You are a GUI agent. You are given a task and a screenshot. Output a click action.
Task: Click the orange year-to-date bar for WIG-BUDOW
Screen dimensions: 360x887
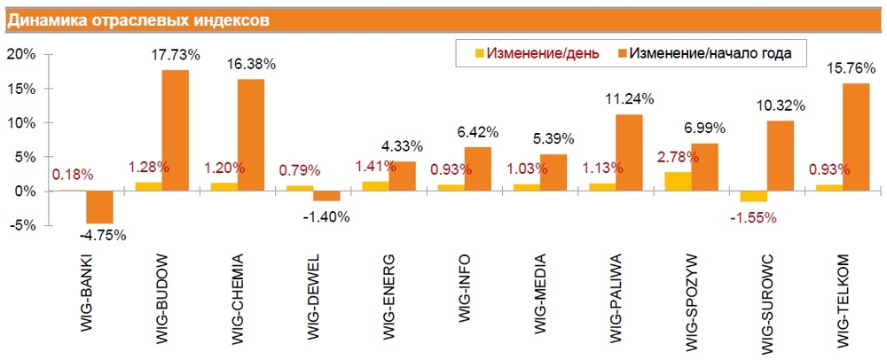point(175,130)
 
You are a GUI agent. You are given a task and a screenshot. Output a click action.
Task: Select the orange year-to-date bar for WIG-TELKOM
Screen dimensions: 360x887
point(856,137)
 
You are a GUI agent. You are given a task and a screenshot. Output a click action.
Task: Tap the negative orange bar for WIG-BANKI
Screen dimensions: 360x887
point(99,207)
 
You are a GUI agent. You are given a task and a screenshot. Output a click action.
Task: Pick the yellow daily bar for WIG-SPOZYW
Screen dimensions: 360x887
point(679,182)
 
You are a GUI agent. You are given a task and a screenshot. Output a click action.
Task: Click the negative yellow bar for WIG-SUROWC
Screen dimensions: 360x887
point(754,197)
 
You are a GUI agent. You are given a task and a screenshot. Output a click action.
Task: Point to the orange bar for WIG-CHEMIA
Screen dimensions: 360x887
point(251,135)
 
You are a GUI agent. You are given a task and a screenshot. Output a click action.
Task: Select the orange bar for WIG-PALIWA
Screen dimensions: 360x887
point(629,153)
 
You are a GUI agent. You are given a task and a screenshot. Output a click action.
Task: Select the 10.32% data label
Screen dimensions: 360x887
point(781,106)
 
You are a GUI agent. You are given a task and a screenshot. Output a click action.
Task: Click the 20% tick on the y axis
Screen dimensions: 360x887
point(20,54)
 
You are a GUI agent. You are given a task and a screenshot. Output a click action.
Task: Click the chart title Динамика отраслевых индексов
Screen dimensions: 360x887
point(139,20)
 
